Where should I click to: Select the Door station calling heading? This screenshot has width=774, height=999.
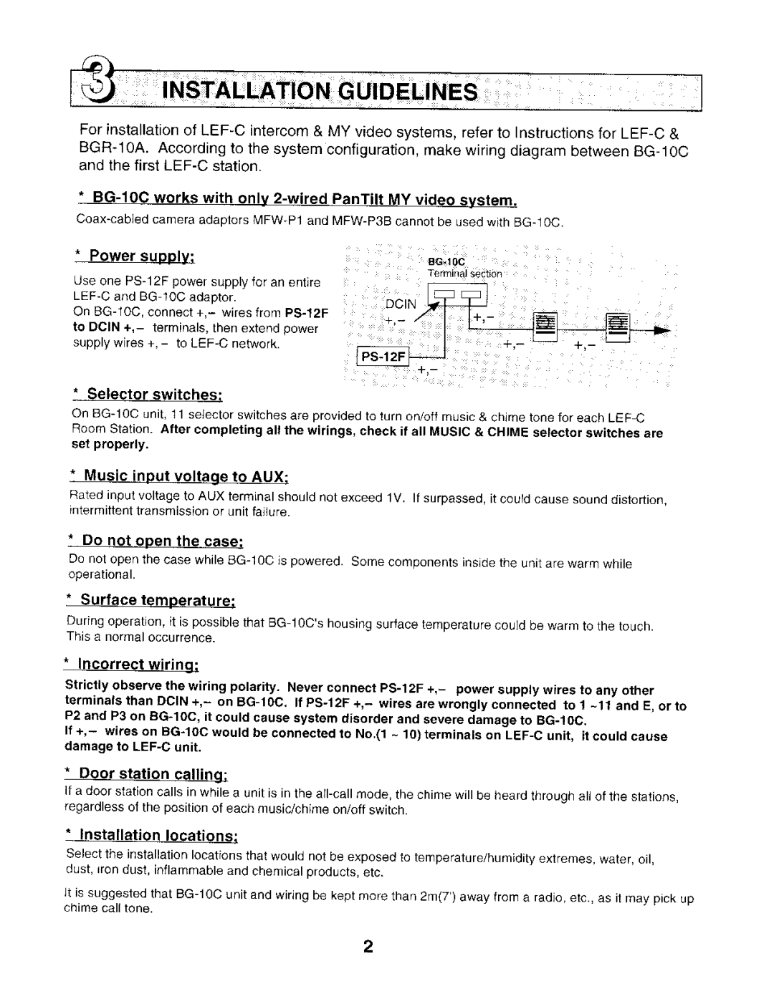153,774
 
